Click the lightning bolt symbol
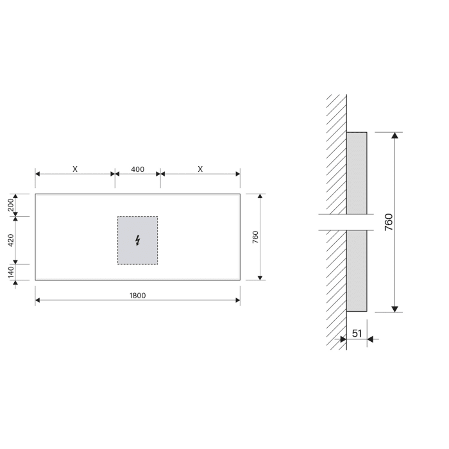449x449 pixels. pos(137,241)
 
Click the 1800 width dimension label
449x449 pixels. pos(137,295)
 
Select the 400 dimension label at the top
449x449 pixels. pos(137,169)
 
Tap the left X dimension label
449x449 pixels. pos(75,169)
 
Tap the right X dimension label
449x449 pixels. pos(200,169)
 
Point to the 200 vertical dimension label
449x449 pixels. pos(12,205)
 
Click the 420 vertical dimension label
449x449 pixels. pos(12,241)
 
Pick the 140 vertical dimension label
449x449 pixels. pos(12,272)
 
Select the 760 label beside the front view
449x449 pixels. pos(255,237)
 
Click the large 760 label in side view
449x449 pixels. pos(389,222)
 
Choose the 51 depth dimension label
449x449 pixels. pos(357,334)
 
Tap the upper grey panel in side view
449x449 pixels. pos(357,173)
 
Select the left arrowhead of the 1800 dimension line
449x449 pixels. pos(38,301)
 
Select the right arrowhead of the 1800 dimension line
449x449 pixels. pos(237,301)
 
